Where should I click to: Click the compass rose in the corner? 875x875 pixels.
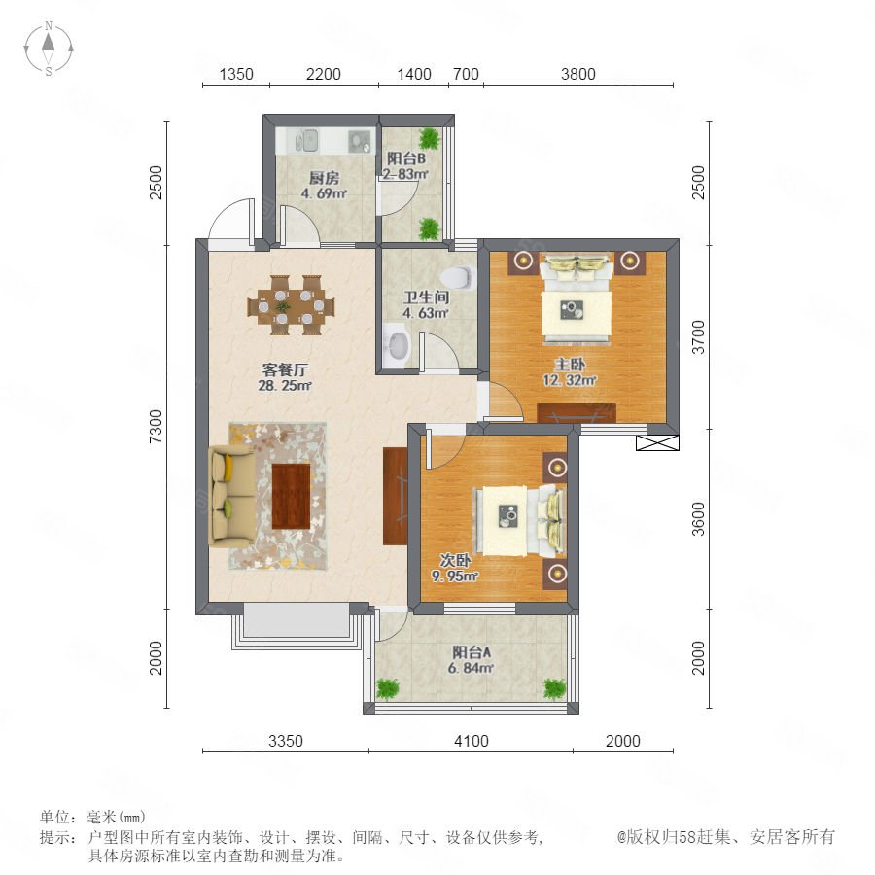click(x=49, y=49)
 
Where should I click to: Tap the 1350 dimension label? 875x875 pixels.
click(x=236, y=74)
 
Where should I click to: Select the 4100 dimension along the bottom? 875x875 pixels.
click(x=472, y=741)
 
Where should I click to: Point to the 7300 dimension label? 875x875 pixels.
click(x=157, y=427)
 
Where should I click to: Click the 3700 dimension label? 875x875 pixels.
click(x=698, y=337)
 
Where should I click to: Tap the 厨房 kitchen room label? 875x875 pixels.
click(x=324, y=178)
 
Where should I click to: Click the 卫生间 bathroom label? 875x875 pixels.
click(x=427, y=297)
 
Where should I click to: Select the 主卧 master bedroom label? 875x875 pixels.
click(x=570, y=365)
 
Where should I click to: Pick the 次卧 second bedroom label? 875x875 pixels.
click(x=455, y=560)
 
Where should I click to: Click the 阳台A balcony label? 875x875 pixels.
click(x=472, y=651)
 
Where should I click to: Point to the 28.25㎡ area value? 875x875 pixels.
click(x=285, y=385)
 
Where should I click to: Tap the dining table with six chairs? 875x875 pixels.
click(x=291, y=305)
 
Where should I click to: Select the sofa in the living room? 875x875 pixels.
click(x=231, y=496)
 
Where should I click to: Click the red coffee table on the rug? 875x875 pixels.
click(x=291, y=496)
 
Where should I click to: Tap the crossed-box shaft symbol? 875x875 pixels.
click(x=658, y=443)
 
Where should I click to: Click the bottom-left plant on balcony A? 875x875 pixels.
click(x=387, y=689)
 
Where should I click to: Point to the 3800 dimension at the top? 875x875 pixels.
click(x=578, y=74)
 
